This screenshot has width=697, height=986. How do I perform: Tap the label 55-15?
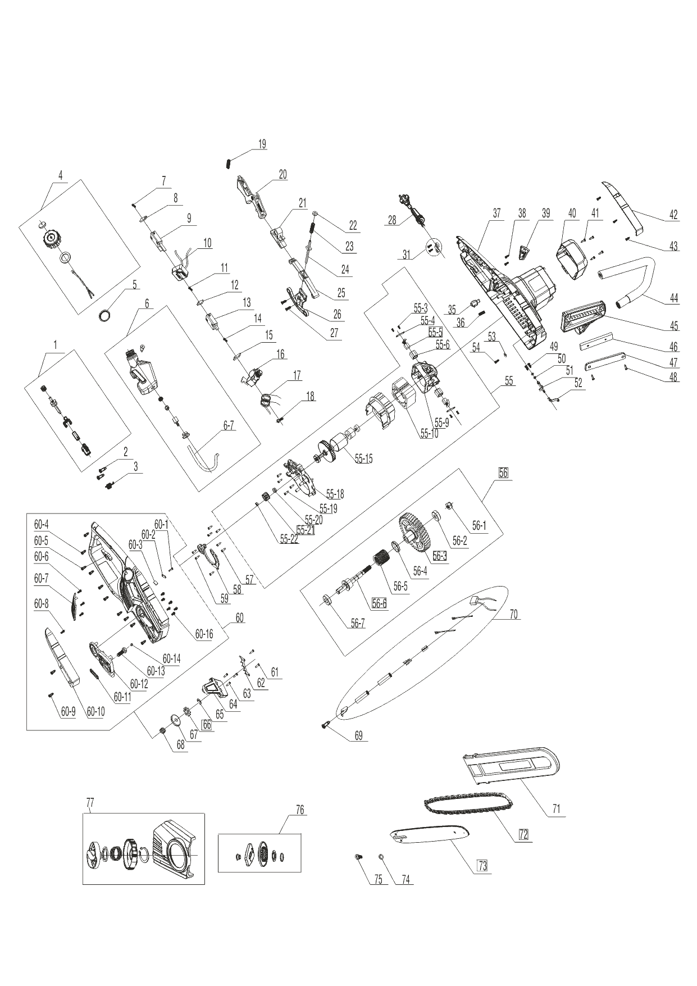pyautogui.click(x=363, y=459)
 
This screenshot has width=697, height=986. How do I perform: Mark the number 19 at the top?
pyautogui.click(x=262, y=144)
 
